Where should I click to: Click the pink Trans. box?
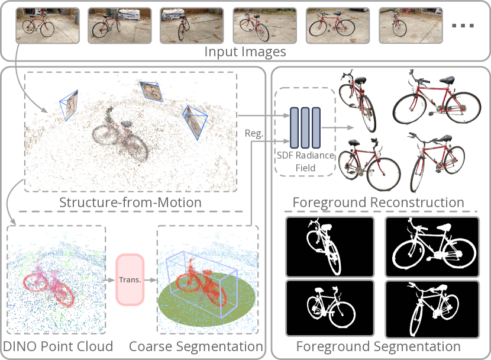tap(130, 279)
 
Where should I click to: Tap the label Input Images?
tap(245, 52)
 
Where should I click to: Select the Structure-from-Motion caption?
tap(130, 202)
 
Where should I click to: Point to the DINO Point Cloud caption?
tap(58, 346)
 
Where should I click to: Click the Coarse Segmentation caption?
tap(196, 346)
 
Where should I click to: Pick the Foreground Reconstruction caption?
tap(379, 202)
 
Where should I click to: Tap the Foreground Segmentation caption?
tap(379, 346)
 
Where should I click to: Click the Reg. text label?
tap(254, 134)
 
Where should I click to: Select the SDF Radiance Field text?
tap(306, 162)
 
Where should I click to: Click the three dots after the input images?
tap(463, 26)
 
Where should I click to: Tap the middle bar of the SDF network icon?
tap(306, 128)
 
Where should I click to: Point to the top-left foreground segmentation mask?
tap(330, 247)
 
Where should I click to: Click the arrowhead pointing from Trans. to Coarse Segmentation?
tap(155, 279)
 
